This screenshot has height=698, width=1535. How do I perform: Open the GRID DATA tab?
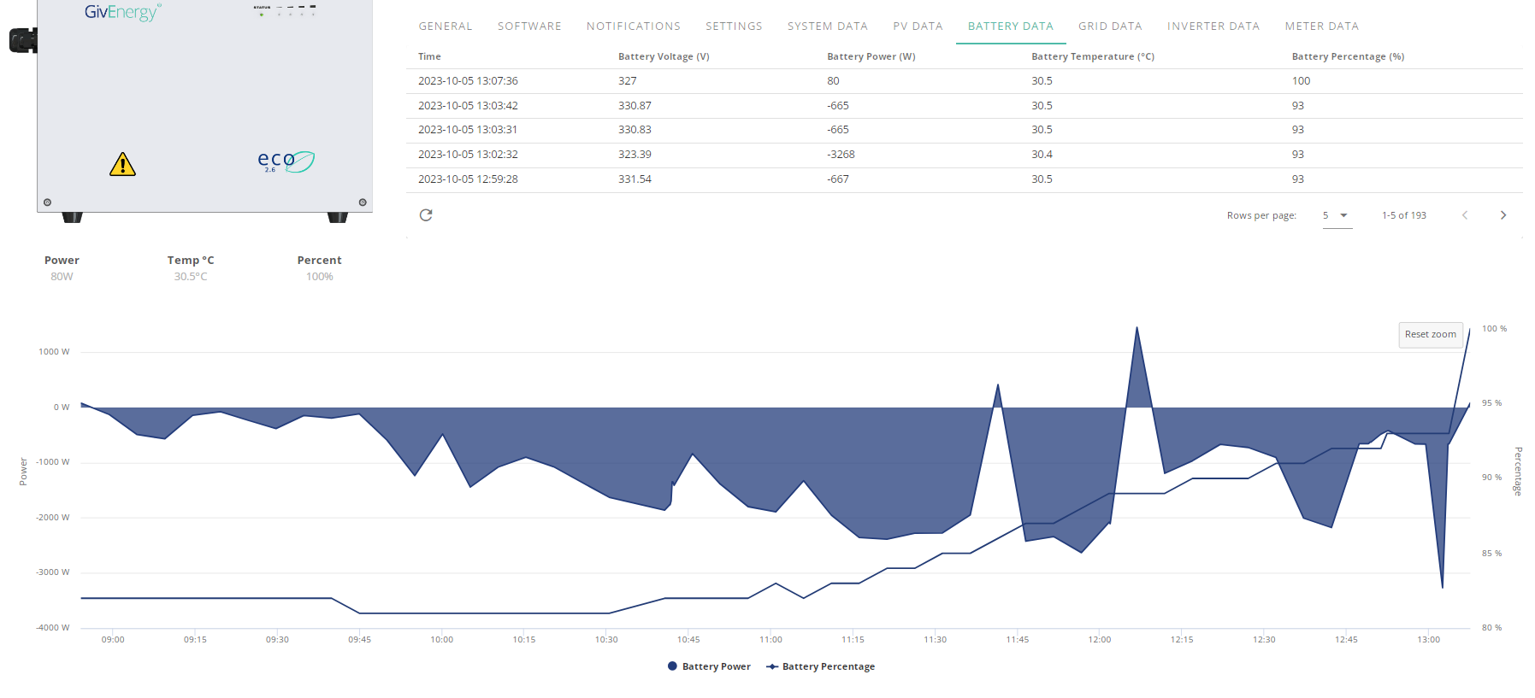coord(1110,26)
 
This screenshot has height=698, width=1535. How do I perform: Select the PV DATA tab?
coord(918,26)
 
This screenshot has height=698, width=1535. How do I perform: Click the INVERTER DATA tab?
coord(1213,26)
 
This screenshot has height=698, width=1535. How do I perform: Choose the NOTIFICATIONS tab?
coord(634,26)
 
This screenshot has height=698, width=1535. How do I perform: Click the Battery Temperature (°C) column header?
coord(1093,56)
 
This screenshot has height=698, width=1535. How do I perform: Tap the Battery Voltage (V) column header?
coord(664,56)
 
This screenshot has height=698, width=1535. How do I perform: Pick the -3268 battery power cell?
coord(841,155)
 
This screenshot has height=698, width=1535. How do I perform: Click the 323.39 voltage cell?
coord(635,155)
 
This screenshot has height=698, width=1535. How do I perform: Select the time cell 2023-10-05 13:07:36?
coord(468,81)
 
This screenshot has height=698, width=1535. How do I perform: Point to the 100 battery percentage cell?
coord(1301,81)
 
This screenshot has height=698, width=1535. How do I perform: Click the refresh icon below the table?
coord(426,215)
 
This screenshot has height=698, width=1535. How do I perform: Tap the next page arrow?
coord(1503,215)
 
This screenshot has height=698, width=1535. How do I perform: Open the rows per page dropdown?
coord(1337,215)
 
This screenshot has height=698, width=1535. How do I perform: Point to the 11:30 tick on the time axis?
coord(935,639)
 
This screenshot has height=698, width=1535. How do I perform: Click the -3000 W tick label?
coord(53,572)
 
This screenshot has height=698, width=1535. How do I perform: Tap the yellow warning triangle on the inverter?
coord(122,164)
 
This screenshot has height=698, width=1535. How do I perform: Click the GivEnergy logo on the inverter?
coord(122,12)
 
